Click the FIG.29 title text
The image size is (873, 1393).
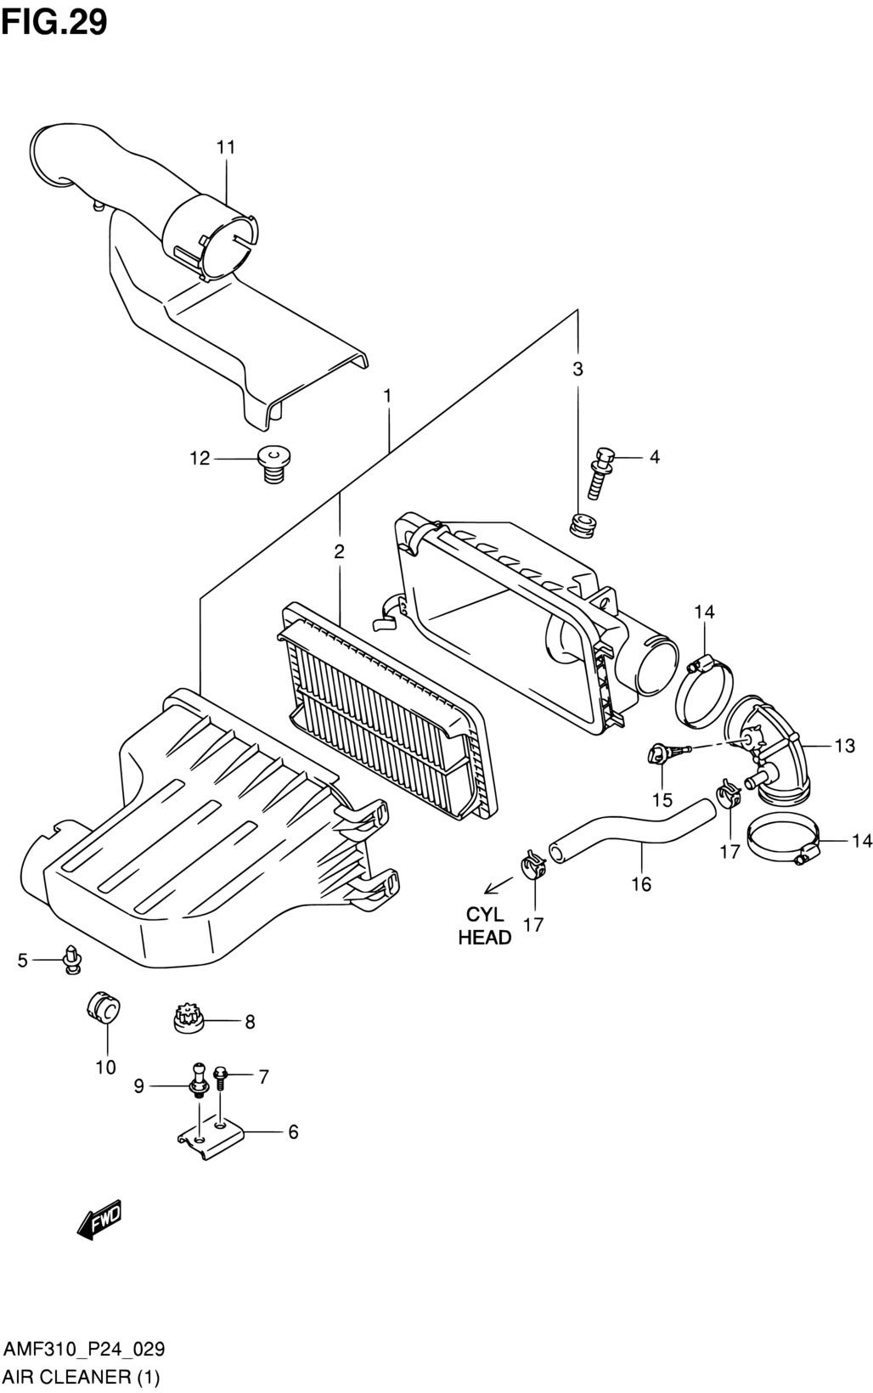point(54,23)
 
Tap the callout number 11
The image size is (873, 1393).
point(226,148)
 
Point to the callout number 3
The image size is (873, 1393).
point(577,369)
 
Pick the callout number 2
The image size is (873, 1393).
point(339,551)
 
